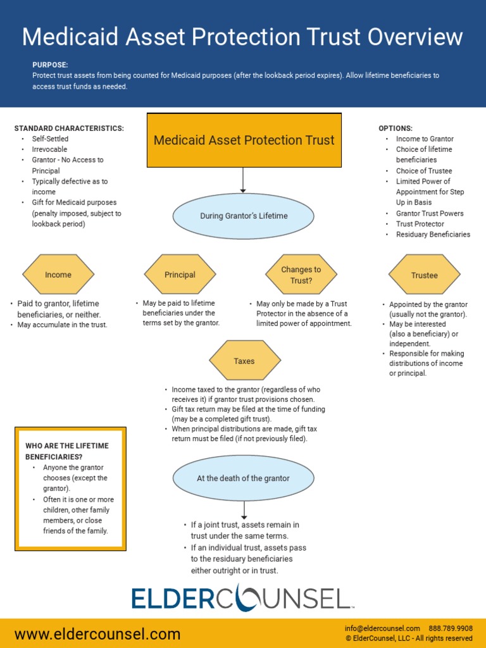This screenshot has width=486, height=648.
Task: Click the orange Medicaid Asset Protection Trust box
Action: coord(244,140)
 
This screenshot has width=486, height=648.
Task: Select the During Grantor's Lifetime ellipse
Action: coord(244,216)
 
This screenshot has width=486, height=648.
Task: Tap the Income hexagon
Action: coord(58,275)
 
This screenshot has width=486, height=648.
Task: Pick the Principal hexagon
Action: coord(180,275)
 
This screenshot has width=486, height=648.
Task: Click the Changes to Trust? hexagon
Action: coord(301,275)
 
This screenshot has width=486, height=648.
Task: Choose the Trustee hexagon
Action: coord(424,275)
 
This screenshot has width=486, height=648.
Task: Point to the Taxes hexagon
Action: coord(244,361)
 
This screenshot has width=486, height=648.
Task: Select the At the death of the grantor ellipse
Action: coord(243,478)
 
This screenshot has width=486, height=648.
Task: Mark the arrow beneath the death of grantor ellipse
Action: coord(244,510)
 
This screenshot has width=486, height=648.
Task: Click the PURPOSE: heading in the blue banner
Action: coord(50,65)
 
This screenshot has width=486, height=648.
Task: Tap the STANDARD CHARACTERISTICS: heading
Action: coord(69,128)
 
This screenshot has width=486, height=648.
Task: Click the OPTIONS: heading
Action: coord(396,128)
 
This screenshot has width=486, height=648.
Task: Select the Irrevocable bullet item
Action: coord(49,149)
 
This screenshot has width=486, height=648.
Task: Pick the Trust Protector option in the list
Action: coord(420,224)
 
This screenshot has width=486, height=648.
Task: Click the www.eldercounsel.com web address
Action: coord(97,634)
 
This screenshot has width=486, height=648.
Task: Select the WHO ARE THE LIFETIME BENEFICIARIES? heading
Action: coord(66,451)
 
